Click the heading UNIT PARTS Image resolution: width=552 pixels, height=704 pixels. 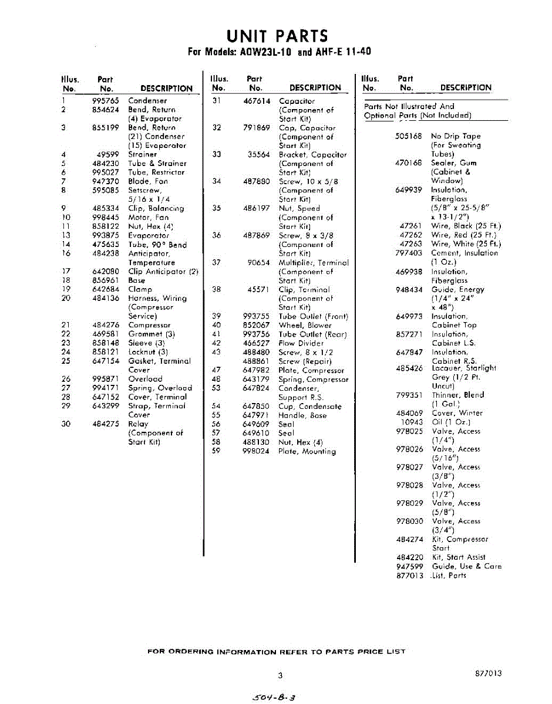coord(278,36)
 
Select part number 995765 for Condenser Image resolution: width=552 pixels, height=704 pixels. coord(106,101)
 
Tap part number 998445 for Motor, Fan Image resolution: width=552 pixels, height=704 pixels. coord(106,217)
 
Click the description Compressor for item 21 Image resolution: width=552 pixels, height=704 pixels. coord(149,325)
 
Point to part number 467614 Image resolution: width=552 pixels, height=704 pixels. coord(257,101)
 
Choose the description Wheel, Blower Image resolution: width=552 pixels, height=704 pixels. coord(305,325)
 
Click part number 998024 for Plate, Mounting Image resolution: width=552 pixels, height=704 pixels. coord(256,451)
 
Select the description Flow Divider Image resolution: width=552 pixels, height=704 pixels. coord(301,343)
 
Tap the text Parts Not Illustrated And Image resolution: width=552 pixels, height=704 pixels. coord(409,106)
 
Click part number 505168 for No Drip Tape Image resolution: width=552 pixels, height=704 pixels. coord(409,136)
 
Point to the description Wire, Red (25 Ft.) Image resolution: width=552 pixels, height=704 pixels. coord(466,235)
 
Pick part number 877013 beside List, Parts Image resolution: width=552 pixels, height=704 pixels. coord(409,576)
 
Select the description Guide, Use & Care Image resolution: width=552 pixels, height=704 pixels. coord(466,567)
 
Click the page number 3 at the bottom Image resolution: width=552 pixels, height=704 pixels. coord(281,675)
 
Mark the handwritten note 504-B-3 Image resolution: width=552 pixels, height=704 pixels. coord(272,698)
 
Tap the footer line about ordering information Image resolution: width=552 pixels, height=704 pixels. coord(276,652)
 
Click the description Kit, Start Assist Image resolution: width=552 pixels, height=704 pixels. coord(459,557)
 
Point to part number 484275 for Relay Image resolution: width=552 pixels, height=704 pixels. coord(106,424)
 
